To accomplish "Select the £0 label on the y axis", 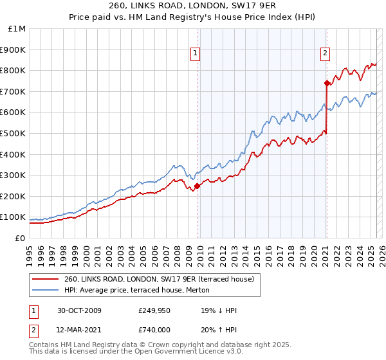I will [20, 238].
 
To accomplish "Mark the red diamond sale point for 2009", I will [198, 186].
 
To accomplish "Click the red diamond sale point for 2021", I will [327, 83].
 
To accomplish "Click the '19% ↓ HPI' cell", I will [219, 310].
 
